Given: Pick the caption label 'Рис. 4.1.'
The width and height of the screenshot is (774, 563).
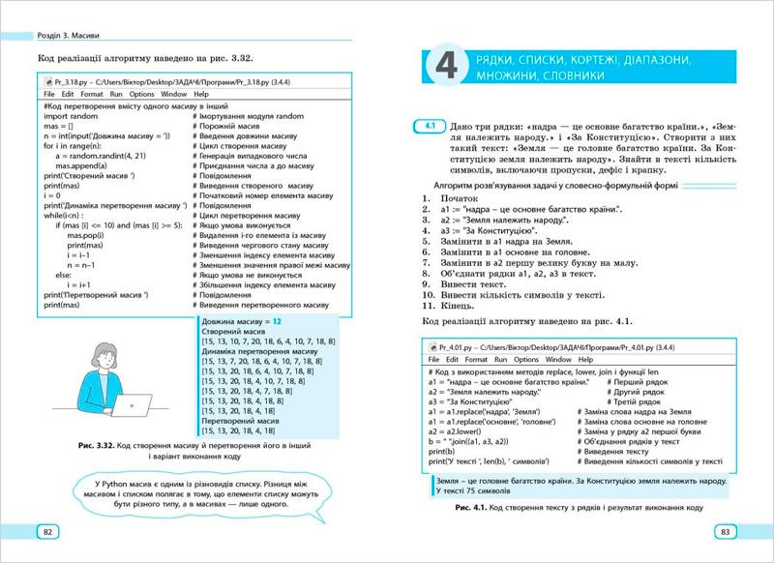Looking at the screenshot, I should pyautogui.click(x=467, y=508).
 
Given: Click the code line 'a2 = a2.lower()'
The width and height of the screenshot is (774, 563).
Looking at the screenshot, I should pyautogui.click(x=464, y=427).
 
